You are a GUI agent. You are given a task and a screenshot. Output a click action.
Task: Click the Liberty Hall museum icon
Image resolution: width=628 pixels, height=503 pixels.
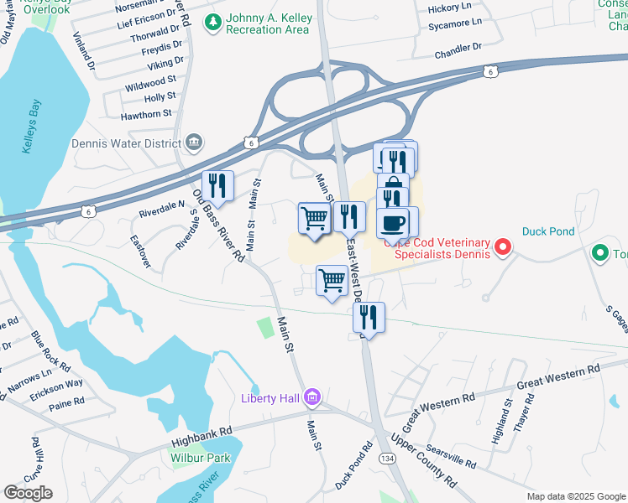pos(312,397)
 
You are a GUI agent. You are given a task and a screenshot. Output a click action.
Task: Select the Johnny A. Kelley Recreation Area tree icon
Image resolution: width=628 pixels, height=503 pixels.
pos(215,19)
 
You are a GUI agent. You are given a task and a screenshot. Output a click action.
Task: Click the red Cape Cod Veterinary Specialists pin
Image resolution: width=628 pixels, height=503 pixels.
pos(502,246)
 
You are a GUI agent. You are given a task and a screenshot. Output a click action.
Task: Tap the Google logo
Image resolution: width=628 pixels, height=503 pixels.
pos(29,492)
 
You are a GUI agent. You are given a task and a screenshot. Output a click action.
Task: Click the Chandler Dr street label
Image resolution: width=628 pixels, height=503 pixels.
pos(458,53)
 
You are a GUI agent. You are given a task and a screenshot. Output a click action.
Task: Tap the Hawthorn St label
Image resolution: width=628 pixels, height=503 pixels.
pos(146,112)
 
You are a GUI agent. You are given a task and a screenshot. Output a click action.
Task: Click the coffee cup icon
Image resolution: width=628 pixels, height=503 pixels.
pos(394,223)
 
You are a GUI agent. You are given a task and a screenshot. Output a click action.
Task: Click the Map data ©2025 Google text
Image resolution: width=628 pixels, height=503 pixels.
pos(576,496)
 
